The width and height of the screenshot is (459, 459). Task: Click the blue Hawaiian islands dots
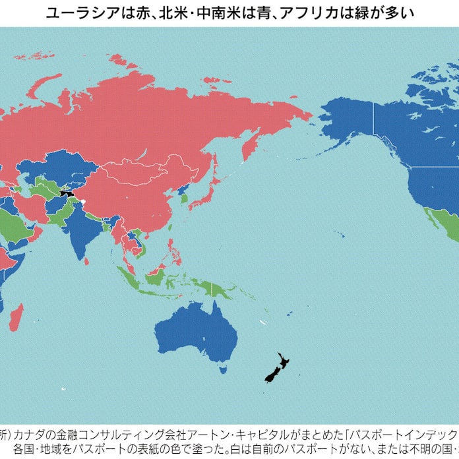[x=339, y=233]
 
